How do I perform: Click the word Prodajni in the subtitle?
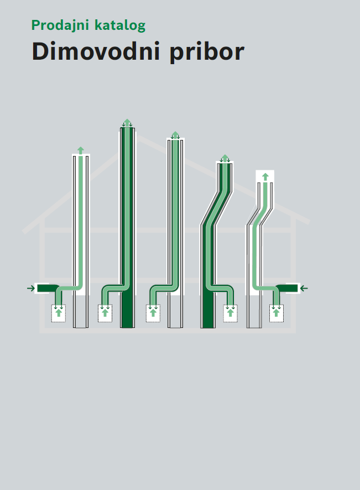[60, 25]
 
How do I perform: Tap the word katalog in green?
[120, 25]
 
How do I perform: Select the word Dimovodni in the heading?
[96, 51]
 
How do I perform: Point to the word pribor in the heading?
[207, 52]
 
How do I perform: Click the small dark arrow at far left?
[31, 288]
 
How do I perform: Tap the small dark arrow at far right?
[304, 289]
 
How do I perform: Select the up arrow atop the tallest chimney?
[127, 122]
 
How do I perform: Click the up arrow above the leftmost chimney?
[81, 150]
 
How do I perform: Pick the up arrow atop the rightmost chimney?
[265, 177]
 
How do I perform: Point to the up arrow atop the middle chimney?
[175, 135]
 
